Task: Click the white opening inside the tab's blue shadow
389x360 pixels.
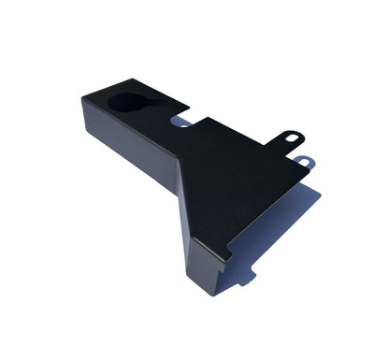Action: click(304, 161)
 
